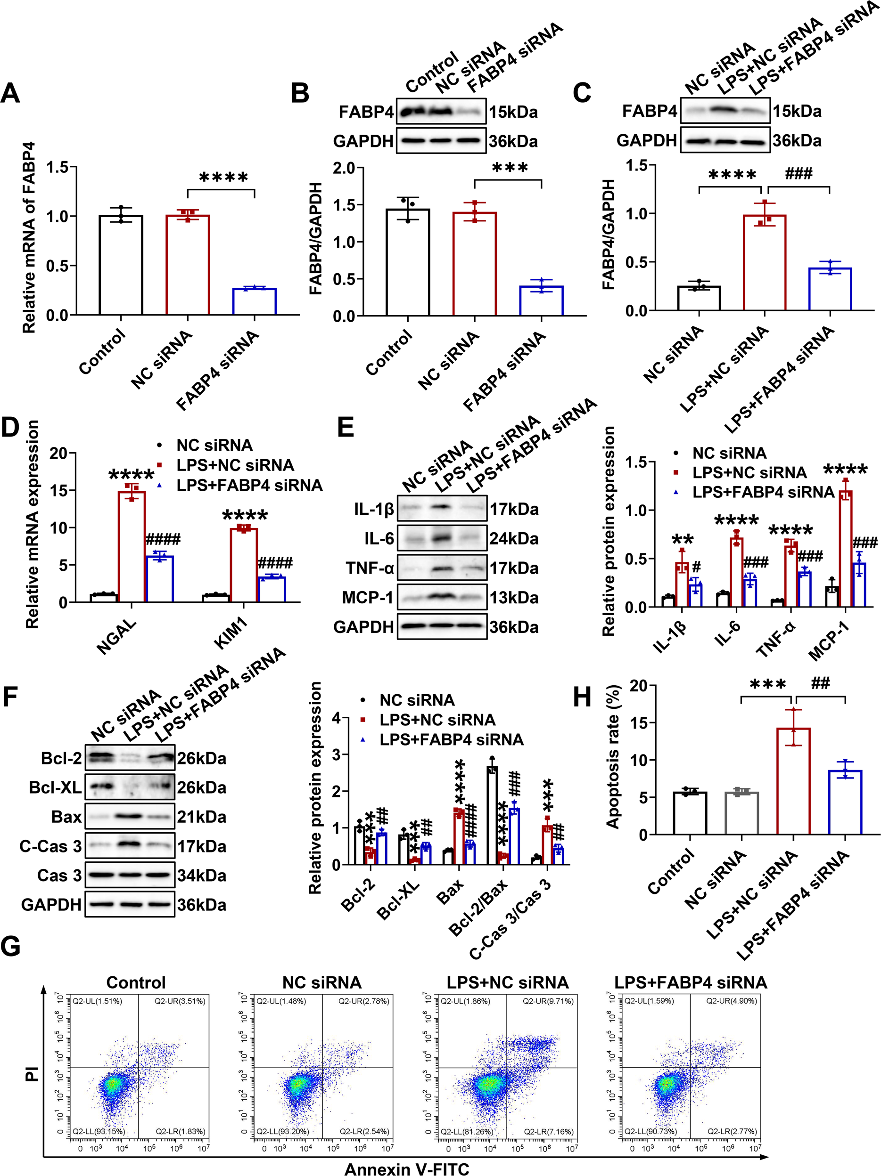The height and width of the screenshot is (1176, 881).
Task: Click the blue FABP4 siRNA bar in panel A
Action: pos(254,302)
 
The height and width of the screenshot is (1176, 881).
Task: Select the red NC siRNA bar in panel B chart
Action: pos(475,264)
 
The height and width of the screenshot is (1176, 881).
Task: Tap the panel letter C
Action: pos(582,92)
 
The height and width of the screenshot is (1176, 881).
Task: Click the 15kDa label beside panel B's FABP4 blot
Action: pos(513,112)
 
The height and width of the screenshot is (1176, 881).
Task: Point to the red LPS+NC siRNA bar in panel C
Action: pos(765,263)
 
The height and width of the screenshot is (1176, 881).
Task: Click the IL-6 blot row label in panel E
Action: pos(379,539)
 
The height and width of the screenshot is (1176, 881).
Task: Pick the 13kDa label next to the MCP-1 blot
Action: pos(514,598)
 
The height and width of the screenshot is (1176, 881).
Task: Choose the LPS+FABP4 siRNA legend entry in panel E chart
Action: pos(763,492)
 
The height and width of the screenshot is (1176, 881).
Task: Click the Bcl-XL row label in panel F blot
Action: pos(55,787)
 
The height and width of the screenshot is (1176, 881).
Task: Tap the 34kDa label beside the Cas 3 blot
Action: pos(202,876)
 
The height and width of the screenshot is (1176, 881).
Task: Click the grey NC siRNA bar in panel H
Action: pos(741,813)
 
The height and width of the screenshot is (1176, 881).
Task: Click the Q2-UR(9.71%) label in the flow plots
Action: pos(547,1001)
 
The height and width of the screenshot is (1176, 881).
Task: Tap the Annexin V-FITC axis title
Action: pos(407,1168)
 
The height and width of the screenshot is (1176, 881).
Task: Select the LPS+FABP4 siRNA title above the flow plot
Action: pos(691,982)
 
